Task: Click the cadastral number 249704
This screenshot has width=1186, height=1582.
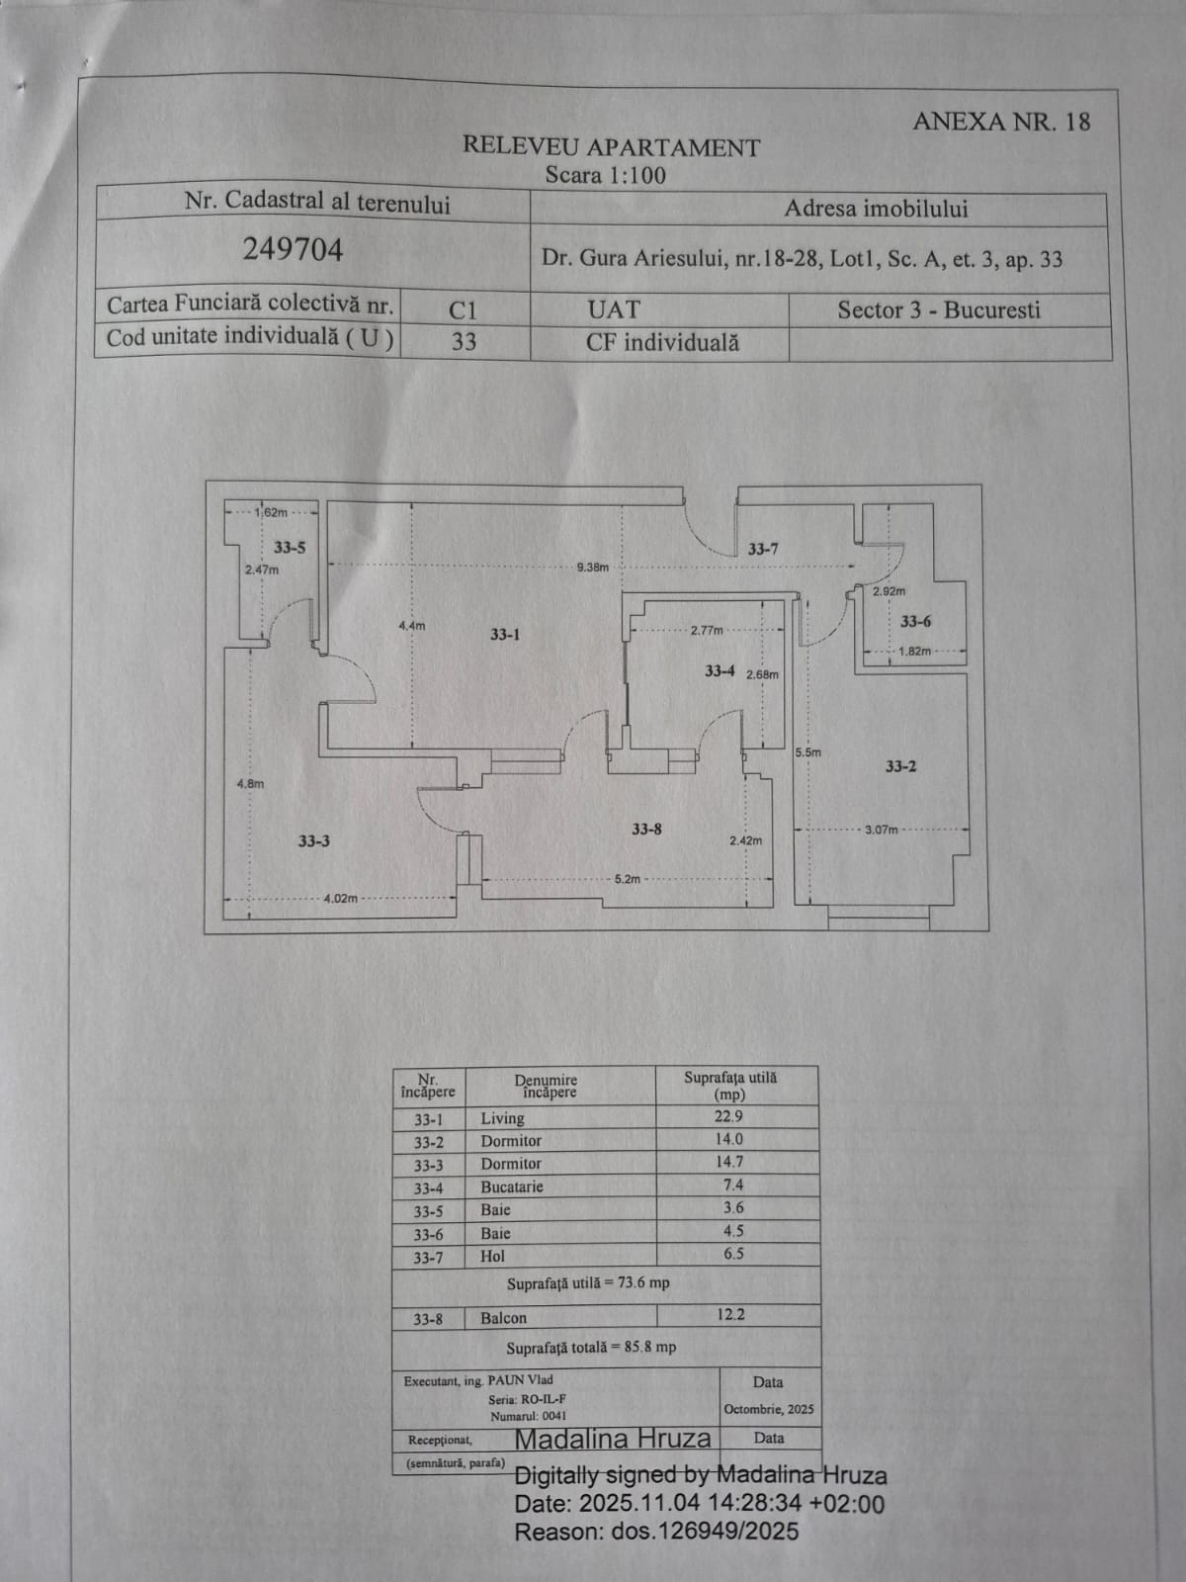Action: point(293,249)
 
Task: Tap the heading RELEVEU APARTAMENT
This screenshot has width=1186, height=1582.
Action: point(611,148)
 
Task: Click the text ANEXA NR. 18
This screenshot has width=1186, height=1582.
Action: point(1001,122)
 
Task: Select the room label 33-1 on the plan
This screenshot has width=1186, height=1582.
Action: point(505,635)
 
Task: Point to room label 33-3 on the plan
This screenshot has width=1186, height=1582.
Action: point(314,841)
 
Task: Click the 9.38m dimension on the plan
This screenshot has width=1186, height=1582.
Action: point(593,568)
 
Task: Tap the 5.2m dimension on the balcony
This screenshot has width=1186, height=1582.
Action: point(628,879)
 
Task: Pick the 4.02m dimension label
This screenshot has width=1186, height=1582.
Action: point(341,899)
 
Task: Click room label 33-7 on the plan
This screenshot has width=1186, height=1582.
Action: point(763,550)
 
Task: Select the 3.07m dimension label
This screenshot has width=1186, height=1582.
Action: point(882,830)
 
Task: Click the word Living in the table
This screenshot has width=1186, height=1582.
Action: point(502,1118)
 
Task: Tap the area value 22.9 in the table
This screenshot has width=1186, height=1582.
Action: point(729,1116)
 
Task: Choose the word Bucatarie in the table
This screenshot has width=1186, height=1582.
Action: point(512,1186)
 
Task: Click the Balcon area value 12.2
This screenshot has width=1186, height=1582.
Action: point(730,1315)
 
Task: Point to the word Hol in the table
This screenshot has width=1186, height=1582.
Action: point(492,1257)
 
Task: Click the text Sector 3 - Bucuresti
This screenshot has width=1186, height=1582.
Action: point(939,310)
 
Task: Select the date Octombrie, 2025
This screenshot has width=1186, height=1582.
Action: point(769,1409)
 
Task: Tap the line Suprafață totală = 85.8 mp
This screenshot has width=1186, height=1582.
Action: point(591,1348)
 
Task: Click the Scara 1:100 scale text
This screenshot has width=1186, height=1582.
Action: point(606,176)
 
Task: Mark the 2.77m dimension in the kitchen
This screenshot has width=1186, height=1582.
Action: point(707,630)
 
